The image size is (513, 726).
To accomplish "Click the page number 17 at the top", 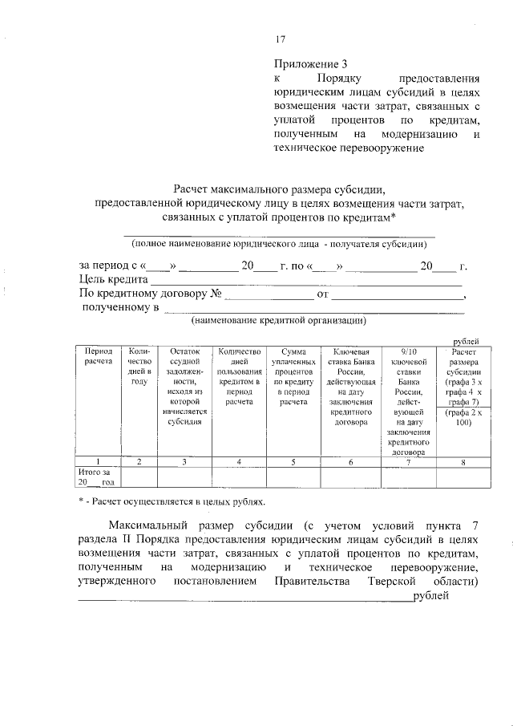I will (x=280, y=39).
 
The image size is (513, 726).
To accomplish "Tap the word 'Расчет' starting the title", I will (x=197, y=189).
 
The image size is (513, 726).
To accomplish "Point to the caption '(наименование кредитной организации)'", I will (x=278, y=320).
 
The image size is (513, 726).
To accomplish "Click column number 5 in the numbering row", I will (x=294, y=461).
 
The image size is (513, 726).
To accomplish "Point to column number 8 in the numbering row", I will (x=463, y=461).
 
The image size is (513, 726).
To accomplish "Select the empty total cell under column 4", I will (x=239, y=477).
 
